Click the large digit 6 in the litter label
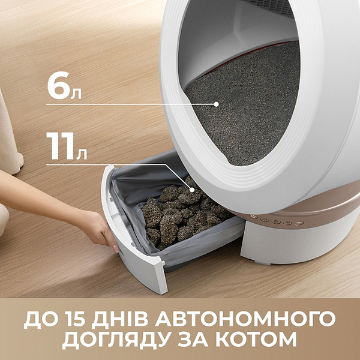[x=58, y=85]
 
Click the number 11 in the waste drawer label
[x=60, y=146]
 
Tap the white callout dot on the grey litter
[x=216, y=104]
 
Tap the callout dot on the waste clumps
[x=192, y=190]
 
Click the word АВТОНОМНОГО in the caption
[x=245, y=319]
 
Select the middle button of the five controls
[x=276, y=222]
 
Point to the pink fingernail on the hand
[x=116, y=248]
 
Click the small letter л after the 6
[x=76, y=94]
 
